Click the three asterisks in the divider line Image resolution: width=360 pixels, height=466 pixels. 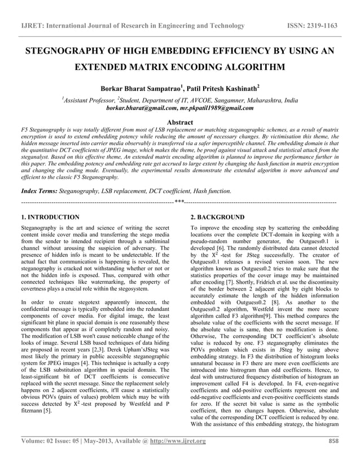179,201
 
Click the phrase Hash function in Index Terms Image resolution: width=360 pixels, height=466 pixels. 210,192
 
